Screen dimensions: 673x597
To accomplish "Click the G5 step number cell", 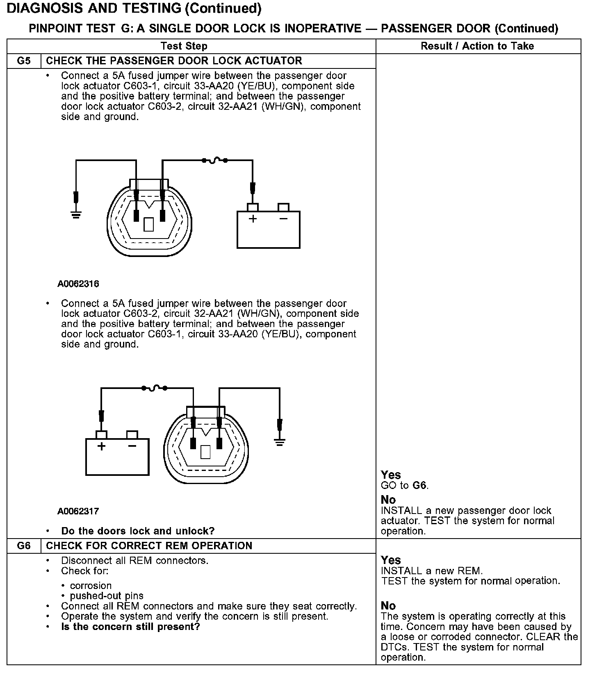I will (24, 61).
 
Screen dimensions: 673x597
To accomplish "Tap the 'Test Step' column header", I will (184, 46).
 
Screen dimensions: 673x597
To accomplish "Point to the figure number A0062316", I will (78, 284).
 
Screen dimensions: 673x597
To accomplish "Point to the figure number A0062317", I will (78, 511).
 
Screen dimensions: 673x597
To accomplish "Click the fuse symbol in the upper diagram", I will (214, 161).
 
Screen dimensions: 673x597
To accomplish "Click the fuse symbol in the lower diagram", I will (154, 388).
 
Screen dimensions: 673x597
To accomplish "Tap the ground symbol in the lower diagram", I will (280, 442).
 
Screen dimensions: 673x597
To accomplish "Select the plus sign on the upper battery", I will (253, 219).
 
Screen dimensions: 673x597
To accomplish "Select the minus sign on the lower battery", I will (132, 446).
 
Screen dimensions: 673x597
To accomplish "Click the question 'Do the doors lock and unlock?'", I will (138, 531).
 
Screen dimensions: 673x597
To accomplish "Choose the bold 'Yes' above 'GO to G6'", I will (391, 475).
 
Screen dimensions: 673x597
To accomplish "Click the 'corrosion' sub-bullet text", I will (91, 586).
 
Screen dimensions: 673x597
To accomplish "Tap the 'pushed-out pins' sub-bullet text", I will (107, 596).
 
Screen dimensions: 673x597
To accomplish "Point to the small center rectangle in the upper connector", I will (149, 224).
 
